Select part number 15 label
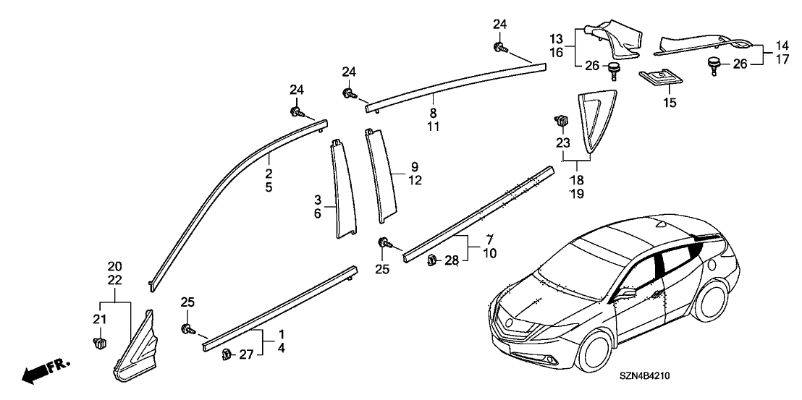670,103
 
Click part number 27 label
247,354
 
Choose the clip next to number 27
227,353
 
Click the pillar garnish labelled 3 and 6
340,188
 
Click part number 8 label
434,113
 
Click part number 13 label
555,38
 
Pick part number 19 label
575,193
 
